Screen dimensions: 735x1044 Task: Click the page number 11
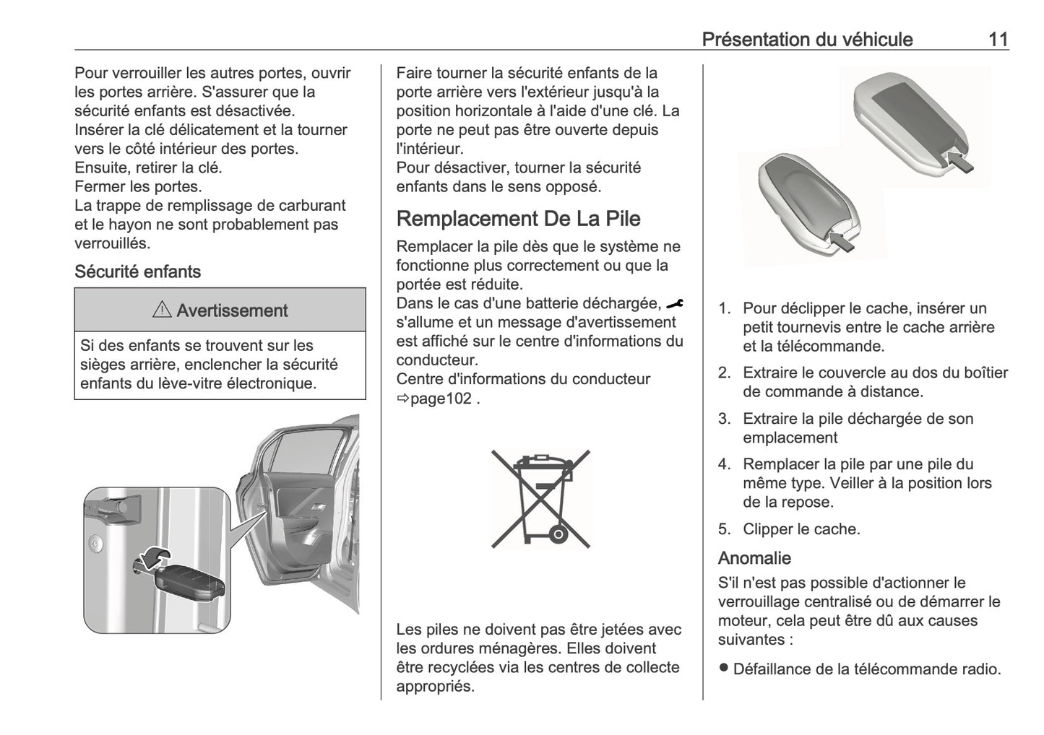(x=998, y=39)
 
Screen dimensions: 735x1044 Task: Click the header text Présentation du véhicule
(x=807, y=39)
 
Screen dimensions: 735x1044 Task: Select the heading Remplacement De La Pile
(x=518, y=219)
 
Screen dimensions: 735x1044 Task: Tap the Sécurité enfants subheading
(x=137, y=272)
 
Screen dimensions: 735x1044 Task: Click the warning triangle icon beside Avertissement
(x=162, y=310)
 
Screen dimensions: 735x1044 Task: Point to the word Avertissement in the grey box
(x=232, y=311)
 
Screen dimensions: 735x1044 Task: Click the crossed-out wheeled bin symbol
(x=540, y=497)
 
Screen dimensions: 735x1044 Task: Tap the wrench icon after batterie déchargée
(x=675, y=304)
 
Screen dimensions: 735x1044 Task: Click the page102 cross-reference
(x=440, y=399)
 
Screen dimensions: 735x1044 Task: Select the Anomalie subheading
(x=754, y=558)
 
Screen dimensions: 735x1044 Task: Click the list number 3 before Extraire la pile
(x=724, y=419)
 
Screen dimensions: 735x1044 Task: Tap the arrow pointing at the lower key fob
(x=842, y=240)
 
